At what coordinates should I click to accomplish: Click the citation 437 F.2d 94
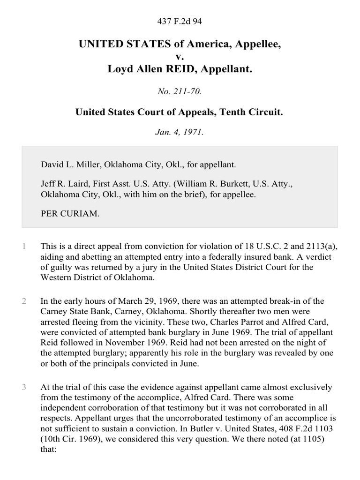(180, 21)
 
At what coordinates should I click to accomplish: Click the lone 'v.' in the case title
(180, 58)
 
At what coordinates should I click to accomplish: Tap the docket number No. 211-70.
(180, 92)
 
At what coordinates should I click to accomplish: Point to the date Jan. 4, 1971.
(180, 132)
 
